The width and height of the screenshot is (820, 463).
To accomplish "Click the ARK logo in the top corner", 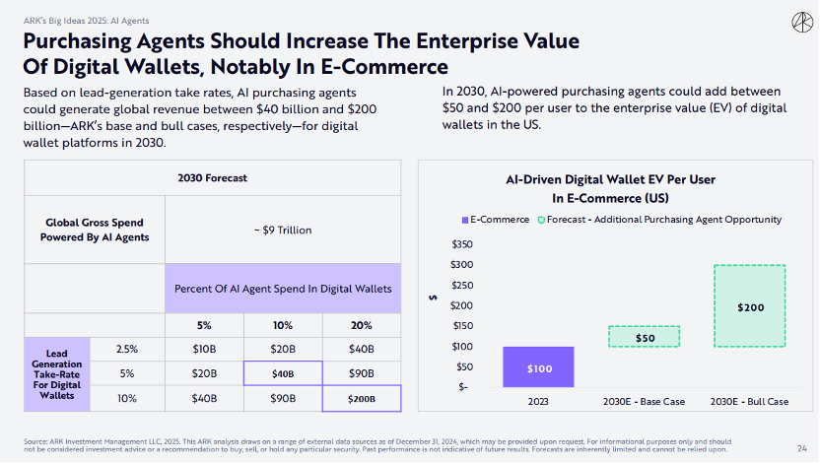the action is [x=802, y=23].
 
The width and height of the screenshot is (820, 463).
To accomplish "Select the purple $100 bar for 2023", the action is [x=538, y=366].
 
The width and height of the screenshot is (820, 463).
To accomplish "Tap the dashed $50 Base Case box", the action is [x=645, y=337].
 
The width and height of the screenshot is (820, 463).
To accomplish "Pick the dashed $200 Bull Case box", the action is [x=750, y=305].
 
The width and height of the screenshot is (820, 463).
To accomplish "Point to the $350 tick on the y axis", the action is [x=462, y=244].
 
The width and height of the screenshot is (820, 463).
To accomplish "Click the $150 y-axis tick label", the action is [x=462, y=325].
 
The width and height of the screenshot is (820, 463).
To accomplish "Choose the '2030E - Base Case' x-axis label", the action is [x=644, y=401].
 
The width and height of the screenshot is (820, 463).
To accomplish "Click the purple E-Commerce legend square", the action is [x=465, y=220].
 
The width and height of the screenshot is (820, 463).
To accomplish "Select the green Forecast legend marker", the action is [x=541, y=220].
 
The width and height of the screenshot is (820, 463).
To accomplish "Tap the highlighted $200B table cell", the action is [x=362, y=399].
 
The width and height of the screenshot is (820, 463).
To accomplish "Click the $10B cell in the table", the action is [x=204, y=349].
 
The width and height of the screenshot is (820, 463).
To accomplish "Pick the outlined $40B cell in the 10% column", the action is [x=283, y=373].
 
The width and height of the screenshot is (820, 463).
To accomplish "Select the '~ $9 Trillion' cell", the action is [x=283, y=230].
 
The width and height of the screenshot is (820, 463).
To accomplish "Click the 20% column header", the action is [x=362, y=325].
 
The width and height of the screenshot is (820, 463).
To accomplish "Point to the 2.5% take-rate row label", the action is [x=127, y=349].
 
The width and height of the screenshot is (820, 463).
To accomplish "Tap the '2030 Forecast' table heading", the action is [x=212, y=178].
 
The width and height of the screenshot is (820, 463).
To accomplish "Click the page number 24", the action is [x=802, y=448].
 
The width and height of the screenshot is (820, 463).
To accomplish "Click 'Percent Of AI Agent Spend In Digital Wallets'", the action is [x=283, y=289].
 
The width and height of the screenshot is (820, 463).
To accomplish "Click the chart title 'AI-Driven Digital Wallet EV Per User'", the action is [x=610, y=179].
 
